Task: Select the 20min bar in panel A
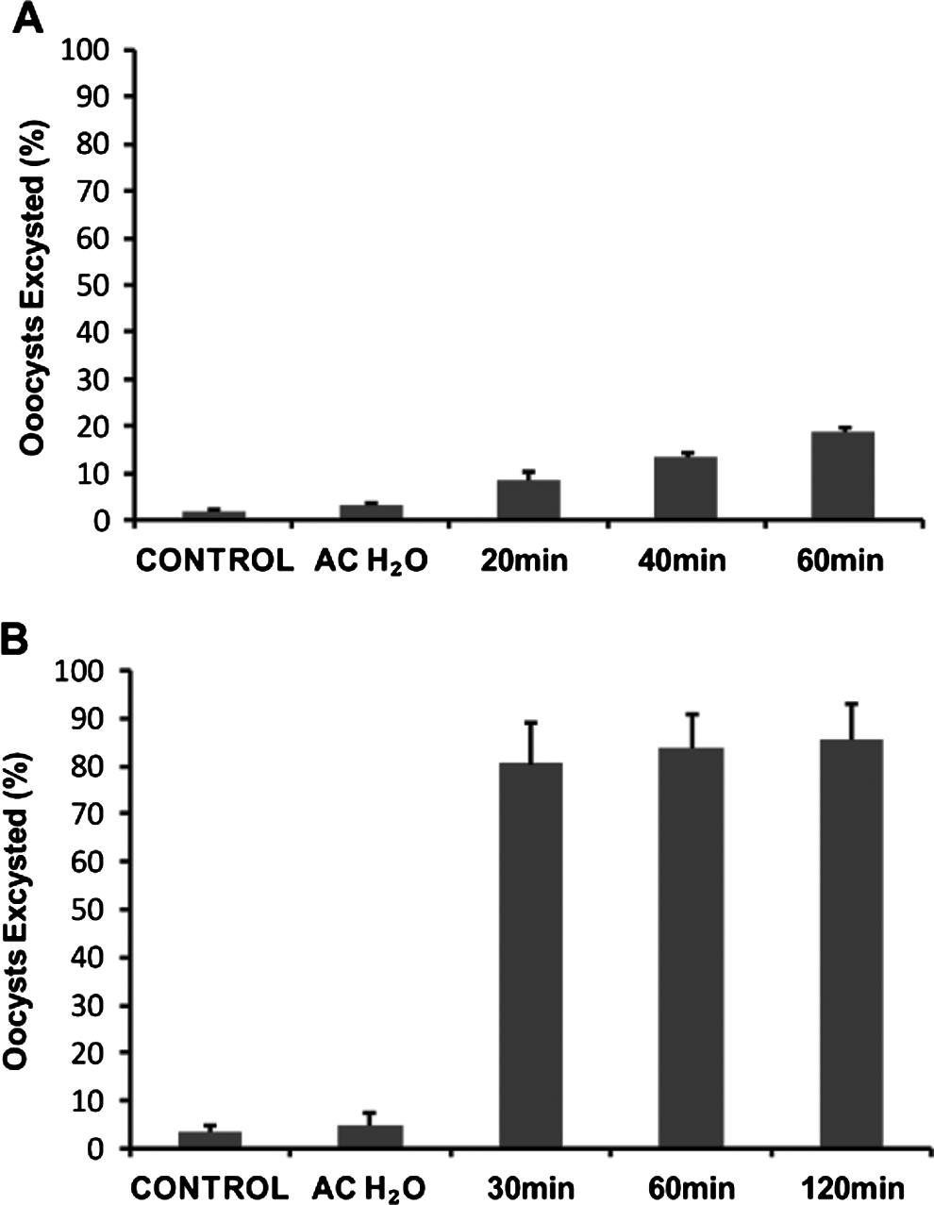pos(528,499)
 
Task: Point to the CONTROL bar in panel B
pos(209,1139)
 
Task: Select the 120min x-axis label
pos(850,1187)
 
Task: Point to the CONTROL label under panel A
pos(215,561)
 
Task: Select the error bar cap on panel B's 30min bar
pos(531,723)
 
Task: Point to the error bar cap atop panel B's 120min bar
pos(851,704)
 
